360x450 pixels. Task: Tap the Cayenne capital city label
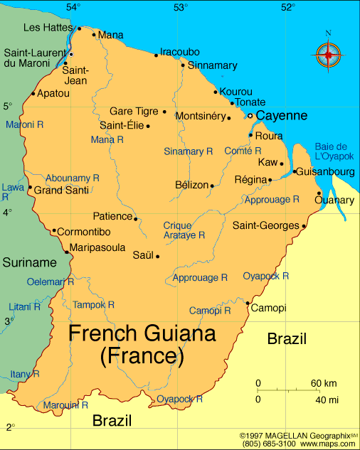pos(282,115)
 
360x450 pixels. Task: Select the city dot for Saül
pos(157,257)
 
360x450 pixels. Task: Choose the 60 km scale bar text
pos(324,384)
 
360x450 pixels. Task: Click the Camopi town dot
pos(247,304)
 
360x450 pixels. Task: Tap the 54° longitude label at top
pos(73,7)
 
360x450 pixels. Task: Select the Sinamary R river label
pos(189,151)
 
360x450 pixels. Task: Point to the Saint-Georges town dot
pos(304,227)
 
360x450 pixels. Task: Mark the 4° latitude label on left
pos(8,213)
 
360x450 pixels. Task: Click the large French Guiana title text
pos(142,344)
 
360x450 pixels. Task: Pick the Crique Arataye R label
pos(184,230)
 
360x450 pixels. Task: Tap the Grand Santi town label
pos(62,190)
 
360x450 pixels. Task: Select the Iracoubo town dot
pos(156,55)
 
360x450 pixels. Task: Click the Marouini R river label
pos(65,405)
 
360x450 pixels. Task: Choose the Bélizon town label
pos(191,185)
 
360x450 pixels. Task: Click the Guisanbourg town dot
pos(294,171)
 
